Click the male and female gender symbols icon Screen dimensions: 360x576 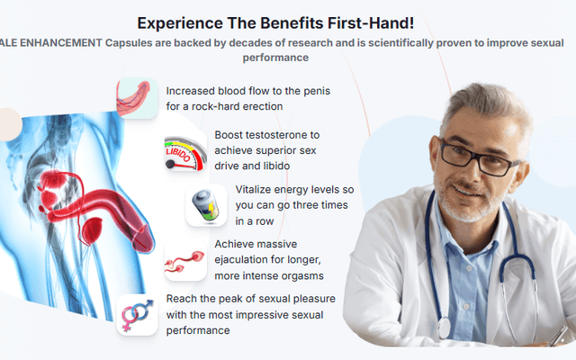pos(137,314)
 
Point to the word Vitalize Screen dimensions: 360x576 pos(257,189)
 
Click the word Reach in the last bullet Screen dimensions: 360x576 pos(184,298)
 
